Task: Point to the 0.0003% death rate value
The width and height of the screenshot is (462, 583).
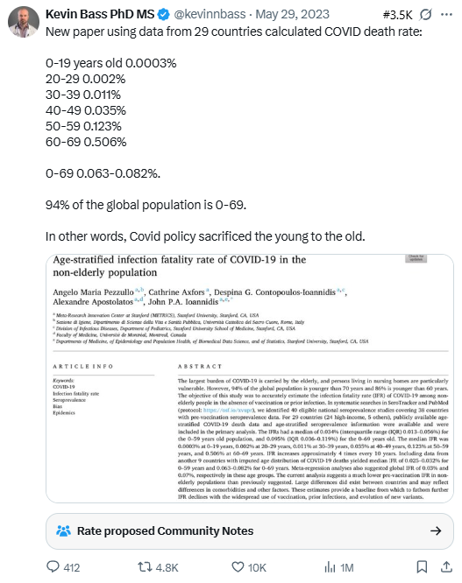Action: pos(147,63)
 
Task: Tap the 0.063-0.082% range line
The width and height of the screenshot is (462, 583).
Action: pos(103,173)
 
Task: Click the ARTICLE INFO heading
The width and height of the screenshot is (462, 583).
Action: pos(85,366)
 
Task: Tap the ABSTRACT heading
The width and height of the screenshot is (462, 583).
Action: pos(200,366)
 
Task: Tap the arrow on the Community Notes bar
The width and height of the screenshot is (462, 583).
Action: pos(435,530)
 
